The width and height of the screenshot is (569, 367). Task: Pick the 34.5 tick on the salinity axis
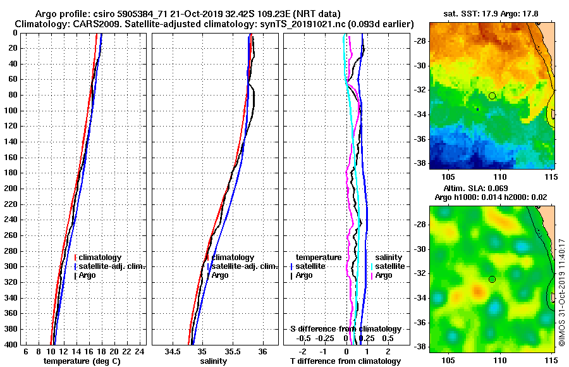click(x=173, y=352)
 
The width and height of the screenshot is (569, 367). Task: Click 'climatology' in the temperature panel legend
click(x=101, y=258)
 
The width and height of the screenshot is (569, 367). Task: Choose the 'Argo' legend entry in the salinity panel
click(x=220, y=275)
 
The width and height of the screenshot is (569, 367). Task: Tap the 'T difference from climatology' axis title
click(x=346, y=361)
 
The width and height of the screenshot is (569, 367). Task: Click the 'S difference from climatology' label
click(x=346, y=329)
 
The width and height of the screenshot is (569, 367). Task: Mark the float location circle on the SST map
click(x=492, y=96)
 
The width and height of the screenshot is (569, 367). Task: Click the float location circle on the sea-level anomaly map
click(x=492, y=279)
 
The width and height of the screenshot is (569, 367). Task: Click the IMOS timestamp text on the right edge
click(x=561, y=292)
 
